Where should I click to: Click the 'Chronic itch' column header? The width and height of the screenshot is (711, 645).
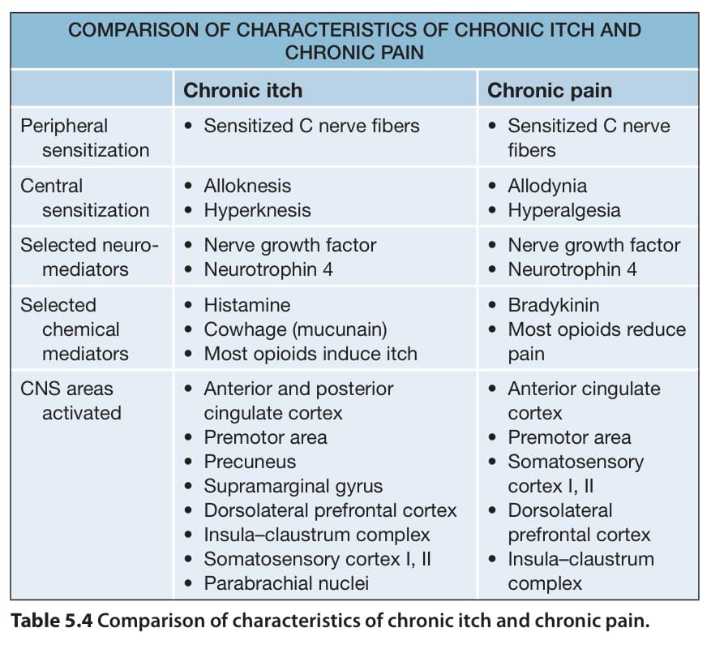[x=242, y=90]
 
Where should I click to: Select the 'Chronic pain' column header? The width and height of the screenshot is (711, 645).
[x=550, y=91]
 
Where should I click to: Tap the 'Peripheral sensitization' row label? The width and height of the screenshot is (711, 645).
[x=85, y=138]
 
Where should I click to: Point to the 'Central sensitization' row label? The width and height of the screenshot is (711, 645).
[x=85, y=198]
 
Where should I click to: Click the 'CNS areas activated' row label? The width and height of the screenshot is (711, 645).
[x=71, y=401]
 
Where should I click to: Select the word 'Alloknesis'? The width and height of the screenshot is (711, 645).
[x=247, y=186]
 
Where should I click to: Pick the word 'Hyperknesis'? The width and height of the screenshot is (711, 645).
[x=257, y=211]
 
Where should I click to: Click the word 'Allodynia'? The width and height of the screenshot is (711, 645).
[x=547, y=186]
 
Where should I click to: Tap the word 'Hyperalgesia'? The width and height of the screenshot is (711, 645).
[x=564, y=211]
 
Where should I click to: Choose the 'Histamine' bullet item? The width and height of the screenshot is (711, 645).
[x=247, y=305]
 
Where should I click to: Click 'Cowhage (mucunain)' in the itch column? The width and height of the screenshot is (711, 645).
[x=296, y=329]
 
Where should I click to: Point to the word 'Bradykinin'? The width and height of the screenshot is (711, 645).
[x=554, y=305]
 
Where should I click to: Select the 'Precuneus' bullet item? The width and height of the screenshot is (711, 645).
[x=250, y=462]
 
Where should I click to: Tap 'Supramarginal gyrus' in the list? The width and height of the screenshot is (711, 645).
[x=293, y=486]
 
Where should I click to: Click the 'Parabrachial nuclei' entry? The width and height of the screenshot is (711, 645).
[x=286, y=583]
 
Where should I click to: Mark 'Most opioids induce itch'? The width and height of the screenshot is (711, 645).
[x=311, y=354]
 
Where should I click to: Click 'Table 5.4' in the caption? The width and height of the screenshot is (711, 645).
[x=52, y=621]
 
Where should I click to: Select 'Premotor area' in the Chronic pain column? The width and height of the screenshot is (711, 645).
[x=569, y=437]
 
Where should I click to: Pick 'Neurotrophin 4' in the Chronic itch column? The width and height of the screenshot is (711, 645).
[x=268, y=269]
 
